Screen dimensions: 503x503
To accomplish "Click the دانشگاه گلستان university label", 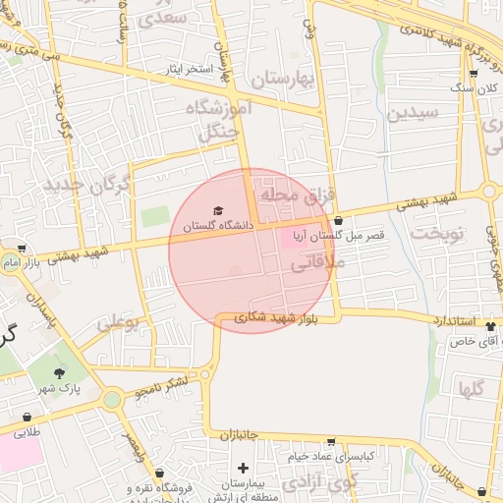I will (218, 226).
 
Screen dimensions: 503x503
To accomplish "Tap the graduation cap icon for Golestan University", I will (218, 211).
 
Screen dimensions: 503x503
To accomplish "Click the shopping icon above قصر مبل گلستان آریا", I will (339, 221).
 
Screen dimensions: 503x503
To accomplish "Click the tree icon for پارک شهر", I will (61, 373).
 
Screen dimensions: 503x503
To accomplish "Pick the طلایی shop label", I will (25, 430).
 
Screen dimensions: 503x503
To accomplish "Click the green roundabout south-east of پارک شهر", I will (112, 399).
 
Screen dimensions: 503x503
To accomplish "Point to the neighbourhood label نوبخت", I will (434, 233).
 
